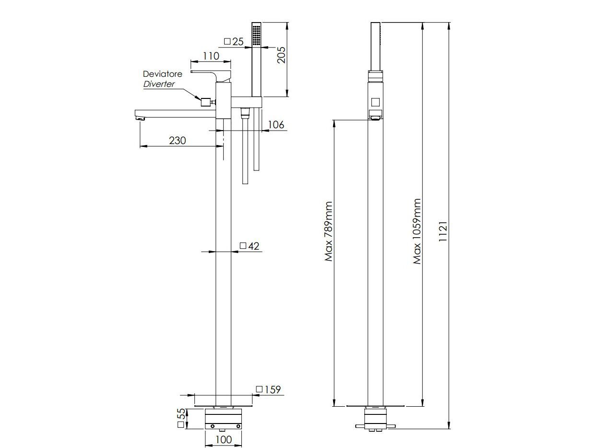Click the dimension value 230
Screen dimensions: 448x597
(x=178, y=140)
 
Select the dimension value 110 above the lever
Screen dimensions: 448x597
(x=211, y=56)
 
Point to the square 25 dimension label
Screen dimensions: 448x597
(x=234, y=42)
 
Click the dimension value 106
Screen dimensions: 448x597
(x=275, y=125)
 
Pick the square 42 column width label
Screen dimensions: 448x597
(x=249, y=246)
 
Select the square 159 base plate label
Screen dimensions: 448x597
(x=268, y=389)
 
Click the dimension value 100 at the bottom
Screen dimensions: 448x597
(x=224, y=439)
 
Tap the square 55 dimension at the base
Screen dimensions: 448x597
(x=181, y=418)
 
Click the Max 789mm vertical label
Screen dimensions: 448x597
(x=329, y=231)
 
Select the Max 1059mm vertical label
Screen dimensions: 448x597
(x=417, y=231)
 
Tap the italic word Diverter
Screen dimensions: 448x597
(x=159, y=84)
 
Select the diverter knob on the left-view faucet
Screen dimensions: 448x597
(x=206, y=101)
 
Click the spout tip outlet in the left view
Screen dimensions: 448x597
(x=140, y=117)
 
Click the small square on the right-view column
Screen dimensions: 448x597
(x=376, y=102)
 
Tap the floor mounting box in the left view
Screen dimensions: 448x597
(x=224, y=420)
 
